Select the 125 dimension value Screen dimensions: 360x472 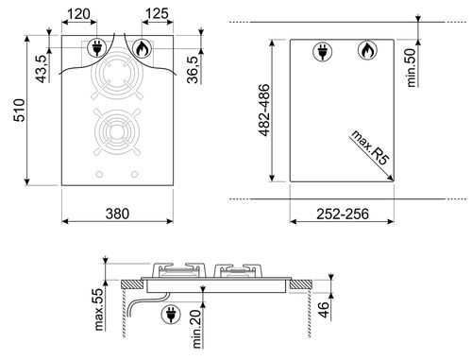tap(158, 15)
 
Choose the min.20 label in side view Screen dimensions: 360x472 tap(194, 325)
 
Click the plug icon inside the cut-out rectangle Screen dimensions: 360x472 tap(319, 52)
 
